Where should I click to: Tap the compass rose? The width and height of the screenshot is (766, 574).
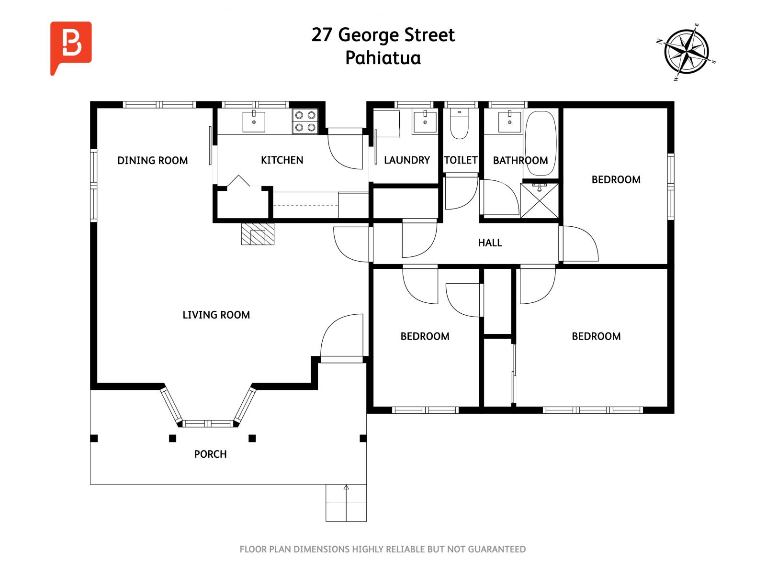(x=686, y=52)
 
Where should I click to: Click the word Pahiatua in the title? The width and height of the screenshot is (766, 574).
(x=383, y=58)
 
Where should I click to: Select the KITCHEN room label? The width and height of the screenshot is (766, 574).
(x=282, y=160)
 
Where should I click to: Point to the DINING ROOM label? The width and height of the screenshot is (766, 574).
(x=153, y=160)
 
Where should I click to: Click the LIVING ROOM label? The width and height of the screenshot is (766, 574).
(x=216, y=315)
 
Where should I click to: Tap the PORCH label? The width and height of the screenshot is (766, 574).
(x=211, y=454)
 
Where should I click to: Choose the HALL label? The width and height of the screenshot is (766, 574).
(x=490, y=243)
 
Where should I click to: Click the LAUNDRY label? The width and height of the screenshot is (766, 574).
(x=407, y=160)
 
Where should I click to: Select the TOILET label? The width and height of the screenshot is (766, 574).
(x=461, y=160)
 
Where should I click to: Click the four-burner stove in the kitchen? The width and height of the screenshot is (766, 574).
(x=305, y=121)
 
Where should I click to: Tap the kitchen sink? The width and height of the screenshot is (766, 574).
(x=254, y=121)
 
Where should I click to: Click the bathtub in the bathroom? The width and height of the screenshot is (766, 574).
(x=541, y=143)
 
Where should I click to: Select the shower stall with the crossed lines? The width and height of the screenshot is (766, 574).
(x=539, y=201)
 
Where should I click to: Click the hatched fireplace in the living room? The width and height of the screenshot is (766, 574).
(x=258, y=233)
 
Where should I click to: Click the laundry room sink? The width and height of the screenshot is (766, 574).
(x=425, y=121)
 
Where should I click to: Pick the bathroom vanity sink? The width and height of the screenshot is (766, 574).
(x=509, y=121)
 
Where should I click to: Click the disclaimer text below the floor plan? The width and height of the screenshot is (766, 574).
(x=383, y=549)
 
